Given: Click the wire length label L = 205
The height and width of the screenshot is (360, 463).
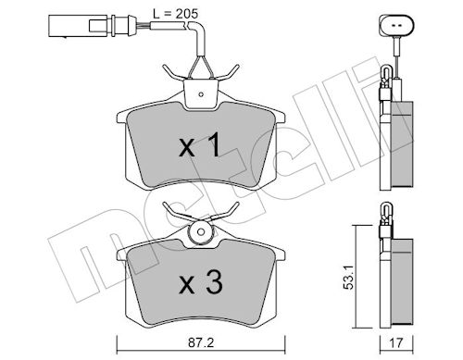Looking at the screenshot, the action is (x=175, y=14).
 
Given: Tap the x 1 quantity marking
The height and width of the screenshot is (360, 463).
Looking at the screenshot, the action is (x=201, y=144).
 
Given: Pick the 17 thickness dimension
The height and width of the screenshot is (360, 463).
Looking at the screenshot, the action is (x=396, y=342).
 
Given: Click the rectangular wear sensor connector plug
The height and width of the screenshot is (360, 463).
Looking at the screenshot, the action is (x=82, y=26).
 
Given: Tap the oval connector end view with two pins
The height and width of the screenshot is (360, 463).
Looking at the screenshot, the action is (x=396, y=26).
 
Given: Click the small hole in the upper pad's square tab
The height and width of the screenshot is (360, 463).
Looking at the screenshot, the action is (x=201, y=94).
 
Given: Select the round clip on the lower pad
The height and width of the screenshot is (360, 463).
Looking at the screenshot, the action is (x=201, y=232).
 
